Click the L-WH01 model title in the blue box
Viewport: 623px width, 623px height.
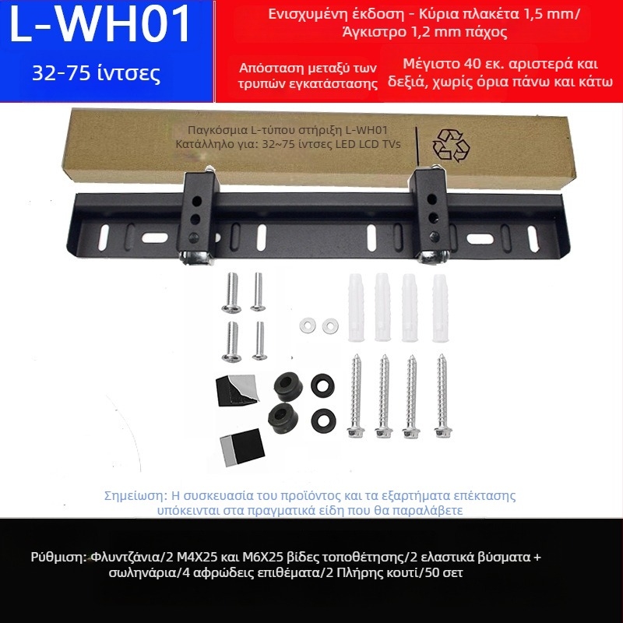coord(100,24)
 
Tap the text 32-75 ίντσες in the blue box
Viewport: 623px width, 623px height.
coord(96,73)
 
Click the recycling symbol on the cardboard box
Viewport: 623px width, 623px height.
coord(451,145)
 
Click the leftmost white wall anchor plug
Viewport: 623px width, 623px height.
coord(356,307)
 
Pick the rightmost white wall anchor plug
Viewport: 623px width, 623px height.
coord(440,308)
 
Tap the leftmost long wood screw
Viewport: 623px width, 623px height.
coord(356,396)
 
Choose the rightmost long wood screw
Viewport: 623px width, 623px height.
coord(442,396)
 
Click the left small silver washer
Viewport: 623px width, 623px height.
coord(308,326)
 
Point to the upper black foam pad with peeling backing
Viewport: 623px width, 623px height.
coord(237,390)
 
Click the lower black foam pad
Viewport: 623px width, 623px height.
coord(242,447)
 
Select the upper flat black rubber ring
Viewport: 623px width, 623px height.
coord(322,385)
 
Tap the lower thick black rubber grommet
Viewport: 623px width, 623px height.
coord(283,418)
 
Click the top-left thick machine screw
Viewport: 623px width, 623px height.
coord(231,293)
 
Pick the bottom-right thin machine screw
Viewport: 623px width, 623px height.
coord(259,340)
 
